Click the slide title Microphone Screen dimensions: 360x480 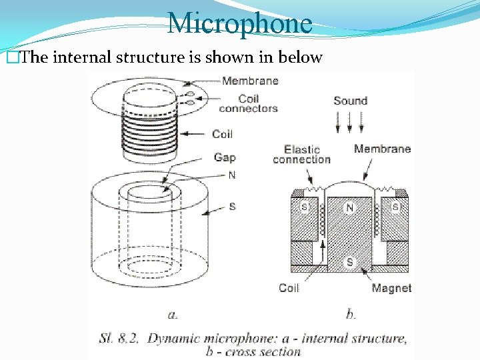pyautogui.click(x=239, y=23)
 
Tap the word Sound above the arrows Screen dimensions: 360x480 pyautogui.click(x=350, y=101)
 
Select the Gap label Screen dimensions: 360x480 pyautogui.click(x=224, y=157)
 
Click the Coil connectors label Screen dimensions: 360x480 pyautogui.click(x=248, y=103)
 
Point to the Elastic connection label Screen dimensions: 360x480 pyautogui.click(x=301, y=154)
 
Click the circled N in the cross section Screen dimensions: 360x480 pyautogui.click(x=349, y=208)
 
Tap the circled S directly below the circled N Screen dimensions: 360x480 pyautogui.click(x=349, y=262)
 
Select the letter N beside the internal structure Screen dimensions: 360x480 pyautogui.click(x=232, y=175)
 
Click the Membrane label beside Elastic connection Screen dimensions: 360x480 pyautogui.click(x=382, y=149)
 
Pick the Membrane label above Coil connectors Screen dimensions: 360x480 pyautogui.click(x=250, y=81)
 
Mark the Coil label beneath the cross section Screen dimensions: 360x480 pyautogui.click(x=289, y=288)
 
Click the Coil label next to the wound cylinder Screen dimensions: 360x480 pyautogui.click(x=222, y=134)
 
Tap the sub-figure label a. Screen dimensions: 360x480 pyautogui.click(x=171, y=312)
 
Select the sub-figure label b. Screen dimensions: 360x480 pyautogui.click(x=351, y=312)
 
